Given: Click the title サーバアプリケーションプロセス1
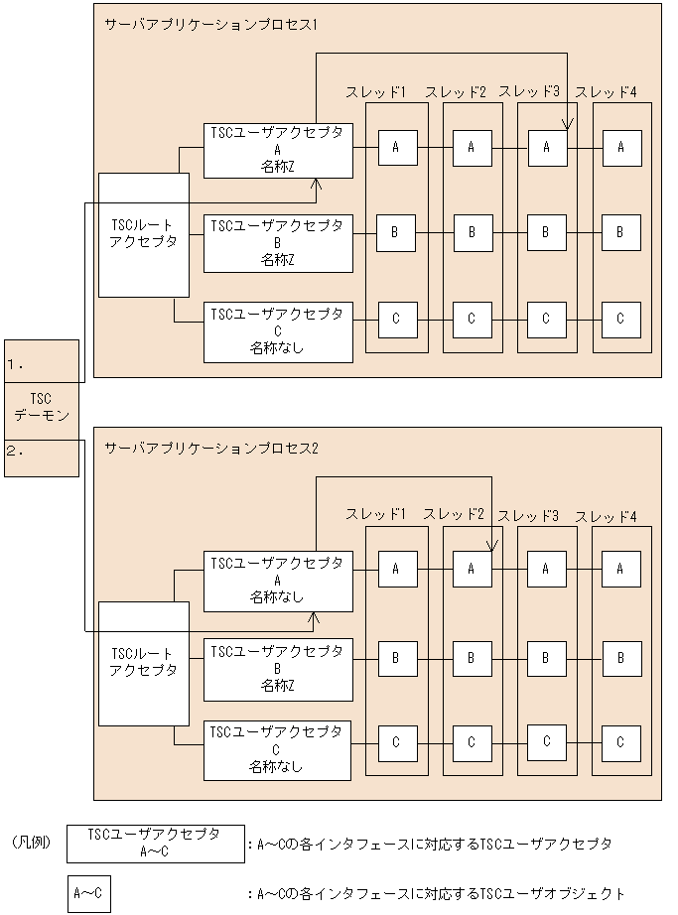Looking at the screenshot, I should [210, 24].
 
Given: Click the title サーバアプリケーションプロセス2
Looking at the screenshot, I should [210, 448].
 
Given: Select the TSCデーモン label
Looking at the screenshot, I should [41, 408].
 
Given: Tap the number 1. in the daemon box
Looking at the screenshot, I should [15, 364].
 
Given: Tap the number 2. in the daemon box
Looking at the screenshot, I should [15, 450].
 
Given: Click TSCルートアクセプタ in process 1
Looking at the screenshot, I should [144, 233].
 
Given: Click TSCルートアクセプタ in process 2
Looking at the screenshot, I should [144, 662].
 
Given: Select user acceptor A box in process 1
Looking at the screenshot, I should [278, 150].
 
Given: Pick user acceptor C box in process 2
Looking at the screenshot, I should [278, 750].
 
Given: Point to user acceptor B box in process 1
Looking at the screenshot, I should [278, 243].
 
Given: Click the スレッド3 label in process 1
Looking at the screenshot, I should [529, 92].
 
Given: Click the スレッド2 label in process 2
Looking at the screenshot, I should [454, 514].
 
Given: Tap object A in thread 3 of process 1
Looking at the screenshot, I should [546, 148].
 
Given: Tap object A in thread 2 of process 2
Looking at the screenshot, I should [472, 569].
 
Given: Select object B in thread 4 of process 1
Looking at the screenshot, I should [620, 232].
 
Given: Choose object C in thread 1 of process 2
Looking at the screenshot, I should [397, 742].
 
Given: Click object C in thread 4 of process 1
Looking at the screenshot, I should [620, 319].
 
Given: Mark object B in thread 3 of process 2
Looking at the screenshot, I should [546, 656].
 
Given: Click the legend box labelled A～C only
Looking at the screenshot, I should [88, 893].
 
